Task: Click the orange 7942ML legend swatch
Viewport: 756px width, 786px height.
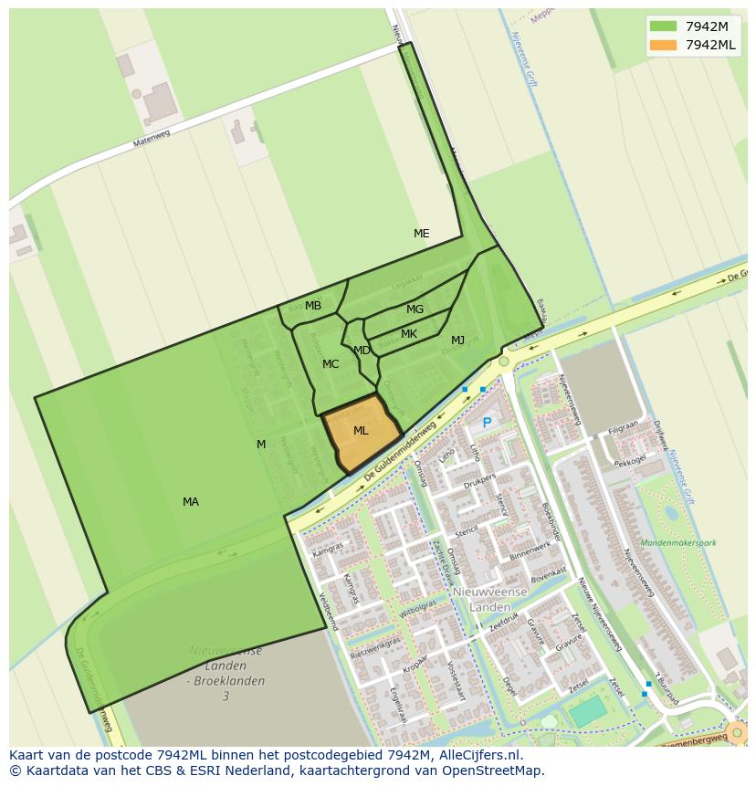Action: [664, 45]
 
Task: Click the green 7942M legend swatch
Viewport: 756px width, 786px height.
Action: [664, 26]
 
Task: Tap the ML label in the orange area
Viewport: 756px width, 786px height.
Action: [361, 431]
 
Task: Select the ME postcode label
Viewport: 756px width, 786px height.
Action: [421, 234]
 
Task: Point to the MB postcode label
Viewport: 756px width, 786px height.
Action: [313, 306]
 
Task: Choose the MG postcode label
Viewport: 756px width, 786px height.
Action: [415, 309]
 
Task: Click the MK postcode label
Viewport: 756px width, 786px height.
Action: [409, 334]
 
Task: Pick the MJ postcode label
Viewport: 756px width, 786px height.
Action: [457, 341]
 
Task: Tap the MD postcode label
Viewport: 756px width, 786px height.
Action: [362, 351]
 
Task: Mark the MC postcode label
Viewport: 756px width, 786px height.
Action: [331, 364]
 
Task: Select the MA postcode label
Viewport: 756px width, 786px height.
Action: [190, 502]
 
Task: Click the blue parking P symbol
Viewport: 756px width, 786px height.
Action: [487, 423]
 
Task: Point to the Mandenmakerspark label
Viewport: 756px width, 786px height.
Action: [678, 543]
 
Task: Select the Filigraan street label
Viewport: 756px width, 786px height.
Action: [624, 426]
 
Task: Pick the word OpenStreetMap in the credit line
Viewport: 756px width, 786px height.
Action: [498, 770]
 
